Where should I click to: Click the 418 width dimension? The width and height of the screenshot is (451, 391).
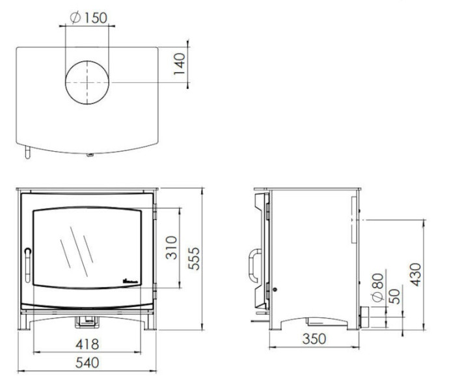(x=87, y=344)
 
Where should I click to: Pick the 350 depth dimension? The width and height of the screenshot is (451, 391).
(x=314, y=339)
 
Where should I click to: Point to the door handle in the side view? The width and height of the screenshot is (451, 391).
(x=251, y=266)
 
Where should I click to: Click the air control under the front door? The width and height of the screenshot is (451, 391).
(x=87, y=320)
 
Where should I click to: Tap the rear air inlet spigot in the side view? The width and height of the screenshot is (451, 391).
(x=364, y=319)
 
